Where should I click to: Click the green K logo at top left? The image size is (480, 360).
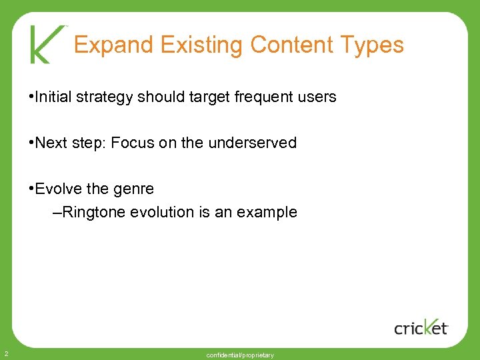(47, 44)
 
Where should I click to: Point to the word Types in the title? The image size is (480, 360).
(372, 45)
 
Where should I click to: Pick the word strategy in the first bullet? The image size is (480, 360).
(102, 97)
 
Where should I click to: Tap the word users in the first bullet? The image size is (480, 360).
(317, 97)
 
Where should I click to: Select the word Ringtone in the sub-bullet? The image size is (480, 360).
(95, 213)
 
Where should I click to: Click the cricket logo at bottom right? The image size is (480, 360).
(421, 326)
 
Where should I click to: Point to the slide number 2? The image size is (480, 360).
(5, 353)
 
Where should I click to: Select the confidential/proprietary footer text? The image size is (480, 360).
(240, 355)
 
